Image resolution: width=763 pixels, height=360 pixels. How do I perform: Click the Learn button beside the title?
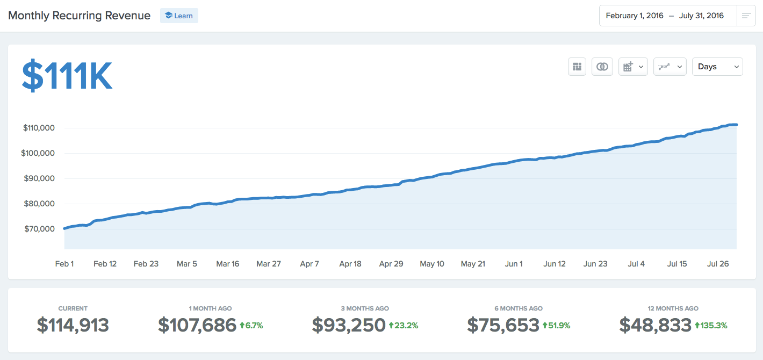point(179,16)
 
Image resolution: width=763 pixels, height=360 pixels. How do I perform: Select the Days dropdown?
point(717,67)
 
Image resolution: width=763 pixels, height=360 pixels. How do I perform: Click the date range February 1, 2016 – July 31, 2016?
point(665,16)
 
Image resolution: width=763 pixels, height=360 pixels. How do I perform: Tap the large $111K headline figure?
point(67,76)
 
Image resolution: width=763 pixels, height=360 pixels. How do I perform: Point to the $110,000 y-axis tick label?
point(39,128)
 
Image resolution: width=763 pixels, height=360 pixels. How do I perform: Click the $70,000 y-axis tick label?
point(39,229)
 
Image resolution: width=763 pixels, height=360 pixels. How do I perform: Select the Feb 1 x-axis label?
point(64,264)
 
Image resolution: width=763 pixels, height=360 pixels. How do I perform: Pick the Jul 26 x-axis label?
point(718,264)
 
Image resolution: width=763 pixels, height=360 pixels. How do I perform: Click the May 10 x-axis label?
point(432,264)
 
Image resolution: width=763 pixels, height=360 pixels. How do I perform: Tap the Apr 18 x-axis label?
point(350,264)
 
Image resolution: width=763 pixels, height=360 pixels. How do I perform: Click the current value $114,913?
point(73,325)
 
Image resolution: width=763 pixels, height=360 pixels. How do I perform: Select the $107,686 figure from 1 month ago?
point(197,325)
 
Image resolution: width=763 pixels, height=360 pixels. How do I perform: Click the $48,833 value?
point(655,325)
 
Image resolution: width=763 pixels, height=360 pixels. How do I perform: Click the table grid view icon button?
point(577,67)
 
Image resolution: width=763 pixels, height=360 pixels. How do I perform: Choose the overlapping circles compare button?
point(602,67)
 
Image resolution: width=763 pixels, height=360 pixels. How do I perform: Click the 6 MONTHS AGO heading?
point(519,308)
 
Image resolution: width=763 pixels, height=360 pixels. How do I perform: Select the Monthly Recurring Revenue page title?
point(80,16)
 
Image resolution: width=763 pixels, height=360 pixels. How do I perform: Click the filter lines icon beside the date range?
point(746,16)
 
